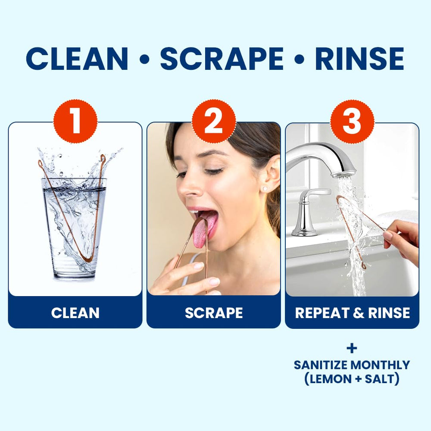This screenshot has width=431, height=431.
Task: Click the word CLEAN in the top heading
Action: [77, 59]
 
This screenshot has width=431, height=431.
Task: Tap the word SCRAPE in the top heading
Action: [222, 59]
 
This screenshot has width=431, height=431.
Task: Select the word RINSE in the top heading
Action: [360, 59]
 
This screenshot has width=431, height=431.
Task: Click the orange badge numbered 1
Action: [75, 121]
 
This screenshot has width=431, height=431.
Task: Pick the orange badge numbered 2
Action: [214, 121]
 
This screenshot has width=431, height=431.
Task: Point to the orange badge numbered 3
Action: [352, 121]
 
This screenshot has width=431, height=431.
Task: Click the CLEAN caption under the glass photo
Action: [75, 313]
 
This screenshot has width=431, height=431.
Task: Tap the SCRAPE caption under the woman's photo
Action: [214, 313]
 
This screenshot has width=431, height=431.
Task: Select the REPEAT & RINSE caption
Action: [353, 313]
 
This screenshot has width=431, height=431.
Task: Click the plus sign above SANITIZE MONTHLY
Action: [352, 349]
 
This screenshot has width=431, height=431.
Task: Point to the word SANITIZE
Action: [321, 365]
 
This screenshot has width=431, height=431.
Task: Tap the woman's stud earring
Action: [265, 189]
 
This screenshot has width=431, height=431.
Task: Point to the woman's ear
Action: [271, 176]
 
